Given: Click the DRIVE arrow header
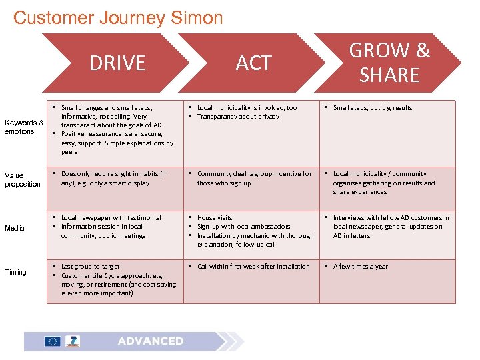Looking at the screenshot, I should point(117,63).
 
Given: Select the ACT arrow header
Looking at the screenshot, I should point(253,63).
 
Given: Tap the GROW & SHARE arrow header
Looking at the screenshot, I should point(389,63).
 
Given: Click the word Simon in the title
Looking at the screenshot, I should point(199,17).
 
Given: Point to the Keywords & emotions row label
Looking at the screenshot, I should point(24,127).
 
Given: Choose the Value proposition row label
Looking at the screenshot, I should point(23,180).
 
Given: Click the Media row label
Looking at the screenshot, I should point(15,228).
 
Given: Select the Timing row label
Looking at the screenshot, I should point(15,272).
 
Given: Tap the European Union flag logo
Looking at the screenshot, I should point(53,341).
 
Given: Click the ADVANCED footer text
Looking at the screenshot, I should point(150,341).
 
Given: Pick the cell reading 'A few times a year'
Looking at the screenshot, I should point(360,267).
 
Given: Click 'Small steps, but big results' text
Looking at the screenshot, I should point(373,108).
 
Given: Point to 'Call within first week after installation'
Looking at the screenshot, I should point(253,267).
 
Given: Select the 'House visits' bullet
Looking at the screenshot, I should point(215,218).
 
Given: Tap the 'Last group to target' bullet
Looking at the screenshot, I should point(91,267).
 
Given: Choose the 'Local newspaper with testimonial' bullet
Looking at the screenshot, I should point(111,218).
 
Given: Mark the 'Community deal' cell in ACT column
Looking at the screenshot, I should point(254,178).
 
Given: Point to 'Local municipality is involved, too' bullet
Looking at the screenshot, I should point(247,108).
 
